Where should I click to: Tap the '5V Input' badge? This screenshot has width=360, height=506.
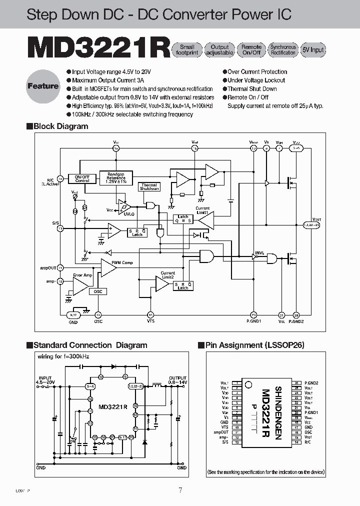click(x=313, y=49)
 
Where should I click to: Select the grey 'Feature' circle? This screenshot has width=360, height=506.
click(x=43, y=86)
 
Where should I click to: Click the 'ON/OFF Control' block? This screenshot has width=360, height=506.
click(x=82, y=178)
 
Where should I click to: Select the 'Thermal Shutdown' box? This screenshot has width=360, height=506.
click(x=149, y=186)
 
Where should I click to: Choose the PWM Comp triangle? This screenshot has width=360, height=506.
click(x=108, y=268)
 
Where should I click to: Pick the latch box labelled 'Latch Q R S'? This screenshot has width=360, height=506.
click(x=183, y=218)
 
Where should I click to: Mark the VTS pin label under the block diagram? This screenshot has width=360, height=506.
click(x=150, y=321)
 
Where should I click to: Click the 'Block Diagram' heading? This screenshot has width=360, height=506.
click(x=60, y=126)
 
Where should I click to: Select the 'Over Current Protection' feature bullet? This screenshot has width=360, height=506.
click(x=257, y=72)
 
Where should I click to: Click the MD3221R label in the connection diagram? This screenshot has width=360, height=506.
click(x=112, y=406)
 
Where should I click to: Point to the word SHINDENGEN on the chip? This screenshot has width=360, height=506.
click(x=278, y=413)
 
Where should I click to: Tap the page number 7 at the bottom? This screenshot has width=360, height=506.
click(x=180, y=490)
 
